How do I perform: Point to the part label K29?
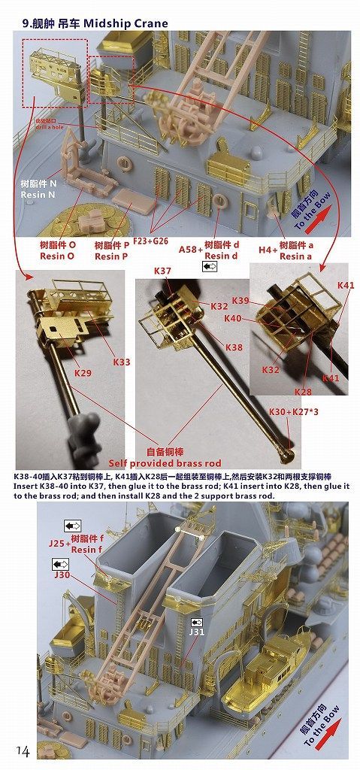[x=83, y=372]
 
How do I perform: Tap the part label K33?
[x=122, y=362]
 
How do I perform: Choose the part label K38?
[x=234, y=347]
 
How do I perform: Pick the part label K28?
[x=303, y=393]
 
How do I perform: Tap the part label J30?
[x=64, y=575]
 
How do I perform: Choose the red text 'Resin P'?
[x=113, y=256]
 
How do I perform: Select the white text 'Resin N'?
[x=38, y=196]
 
